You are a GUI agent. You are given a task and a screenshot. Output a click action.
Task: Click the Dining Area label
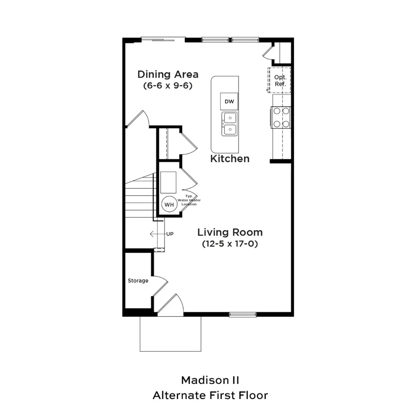pos(168,74)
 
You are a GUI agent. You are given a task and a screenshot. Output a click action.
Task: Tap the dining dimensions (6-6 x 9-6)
pos(168,86)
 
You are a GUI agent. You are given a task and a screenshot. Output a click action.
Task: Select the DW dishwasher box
pos(229,101)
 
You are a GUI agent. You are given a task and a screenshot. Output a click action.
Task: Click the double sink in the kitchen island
pos(230,124)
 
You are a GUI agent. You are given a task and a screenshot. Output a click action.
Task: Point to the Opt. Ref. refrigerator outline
pos(279,80)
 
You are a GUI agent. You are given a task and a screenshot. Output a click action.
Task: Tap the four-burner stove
pos(281,117)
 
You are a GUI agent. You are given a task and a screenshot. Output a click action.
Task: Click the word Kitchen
pos(230,159)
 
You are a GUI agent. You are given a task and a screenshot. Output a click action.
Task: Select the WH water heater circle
pos(169,204)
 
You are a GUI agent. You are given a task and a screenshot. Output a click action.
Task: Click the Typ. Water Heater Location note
pos(189,200)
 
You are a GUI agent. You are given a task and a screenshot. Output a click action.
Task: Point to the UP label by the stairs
pos(170,234)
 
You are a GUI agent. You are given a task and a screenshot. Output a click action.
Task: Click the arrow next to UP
pos(157,234)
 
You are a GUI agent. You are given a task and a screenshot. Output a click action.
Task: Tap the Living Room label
pos(230,232)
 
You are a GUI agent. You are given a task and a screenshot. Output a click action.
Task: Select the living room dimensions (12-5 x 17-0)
pos(230,244)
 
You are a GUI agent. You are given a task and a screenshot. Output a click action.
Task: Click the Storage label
pos(138,281)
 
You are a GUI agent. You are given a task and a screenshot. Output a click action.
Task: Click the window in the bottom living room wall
pos(243,314)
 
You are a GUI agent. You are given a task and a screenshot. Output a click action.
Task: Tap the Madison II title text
pos(210,380)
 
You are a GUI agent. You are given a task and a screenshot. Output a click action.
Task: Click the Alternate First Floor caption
pos(210,395)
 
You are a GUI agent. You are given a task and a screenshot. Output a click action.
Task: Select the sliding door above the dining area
pos(163,39)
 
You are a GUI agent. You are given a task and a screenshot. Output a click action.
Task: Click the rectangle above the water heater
pos(168,182)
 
